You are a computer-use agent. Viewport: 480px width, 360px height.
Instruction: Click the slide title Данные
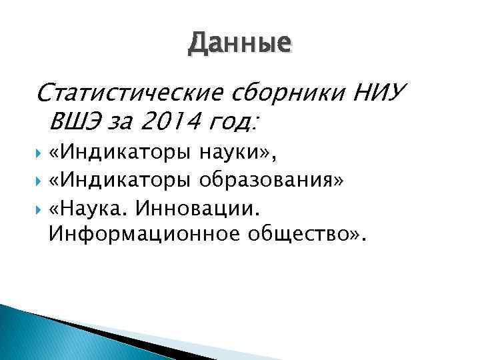[239, 44]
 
